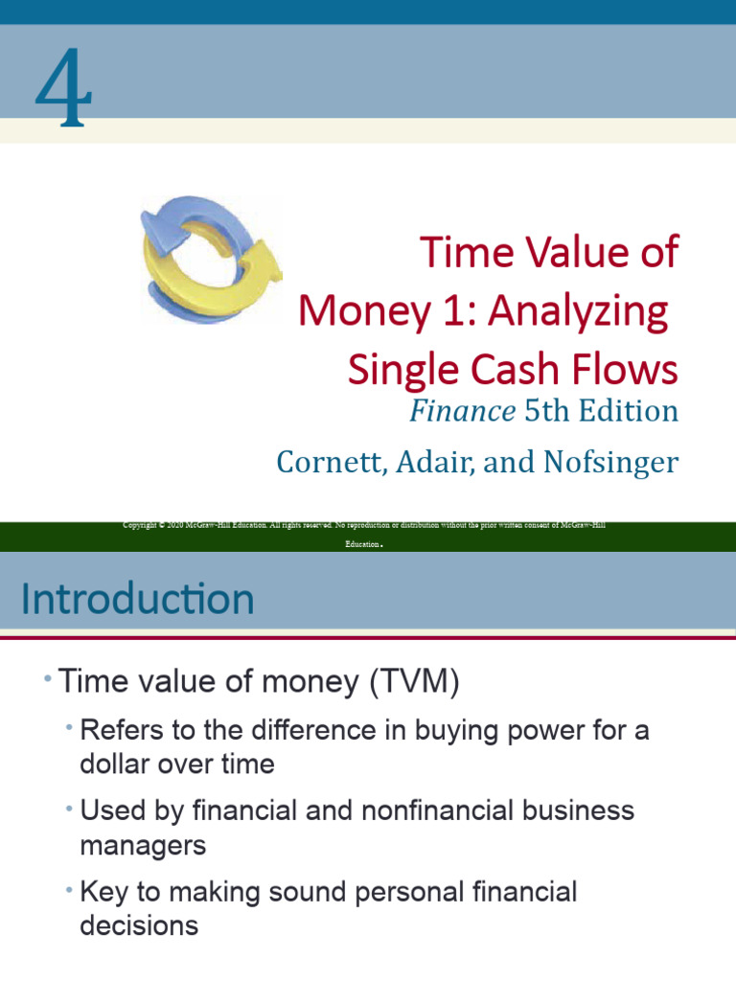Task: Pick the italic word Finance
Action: coord(462,411)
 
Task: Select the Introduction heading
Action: coord(138,600)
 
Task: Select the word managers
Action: coord(143,845)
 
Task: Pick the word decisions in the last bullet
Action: coord(140,925)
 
